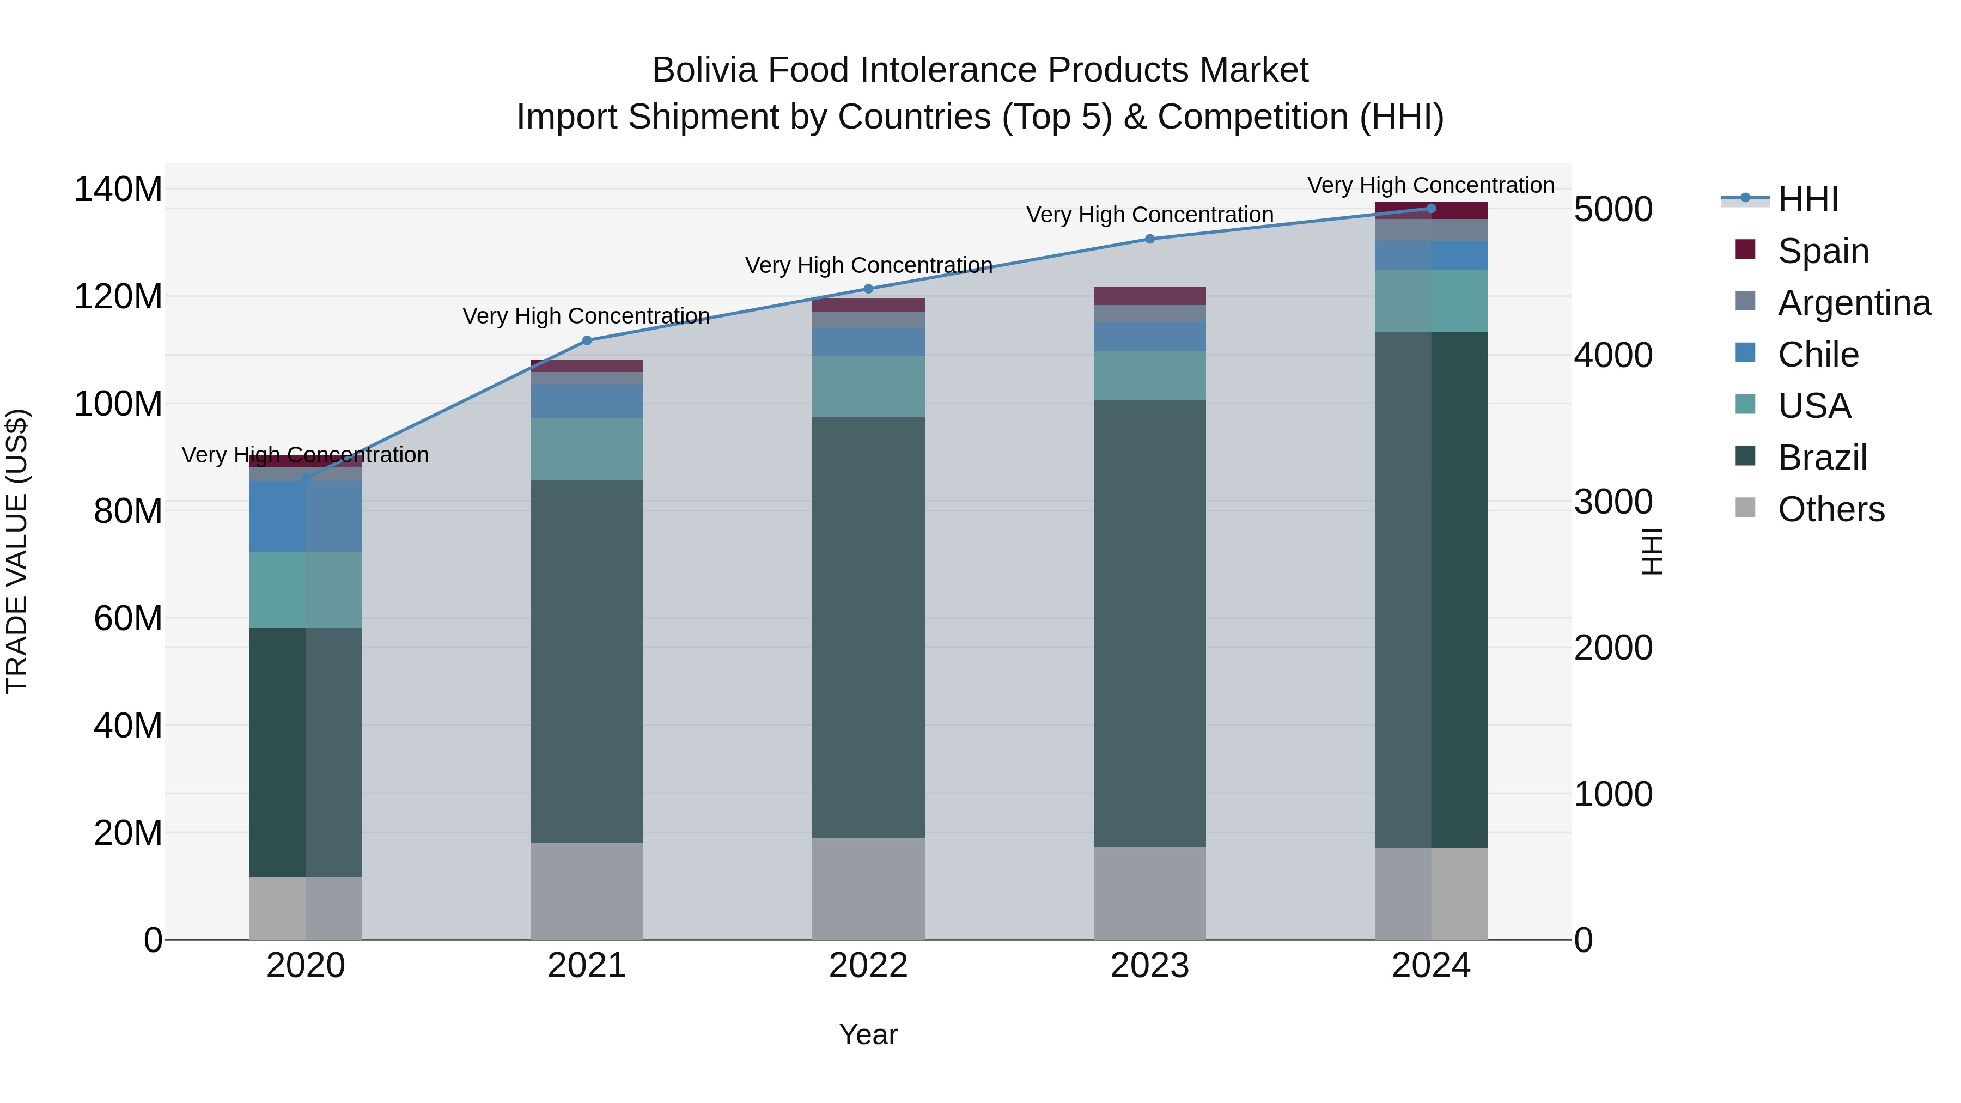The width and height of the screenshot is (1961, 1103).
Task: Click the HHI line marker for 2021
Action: [x=586, y=340]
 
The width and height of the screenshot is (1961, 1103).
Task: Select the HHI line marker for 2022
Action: [x=869, y=289]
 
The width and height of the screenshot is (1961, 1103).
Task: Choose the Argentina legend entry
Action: [x=1853, y=302]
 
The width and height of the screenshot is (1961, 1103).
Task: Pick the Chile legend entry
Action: [x=1817, y=354]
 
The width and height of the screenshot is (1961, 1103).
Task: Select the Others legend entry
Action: [x=1830, y=509]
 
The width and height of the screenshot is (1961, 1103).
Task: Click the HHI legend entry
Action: [x=1807, y=199]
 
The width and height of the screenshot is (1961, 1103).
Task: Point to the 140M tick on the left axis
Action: [x=118, y=189]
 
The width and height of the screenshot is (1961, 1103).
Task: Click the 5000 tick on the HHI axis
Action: [x=1613, y=209]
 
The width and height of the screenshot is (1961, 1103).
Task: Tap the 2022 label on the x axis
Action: [x=869, y=965]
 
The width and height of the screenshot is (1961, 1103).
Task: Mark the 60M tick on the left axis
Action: [x=128, y=618]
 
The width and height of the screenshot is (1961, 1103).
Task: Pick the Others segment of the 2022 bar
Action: [x=869, y=888]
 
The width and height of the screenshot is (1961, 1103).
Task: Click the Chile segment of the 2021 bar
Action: [x=586, y=401]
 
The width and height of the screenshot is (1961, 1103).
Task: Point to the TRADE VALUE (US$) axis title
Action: [x=17, y=551]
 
